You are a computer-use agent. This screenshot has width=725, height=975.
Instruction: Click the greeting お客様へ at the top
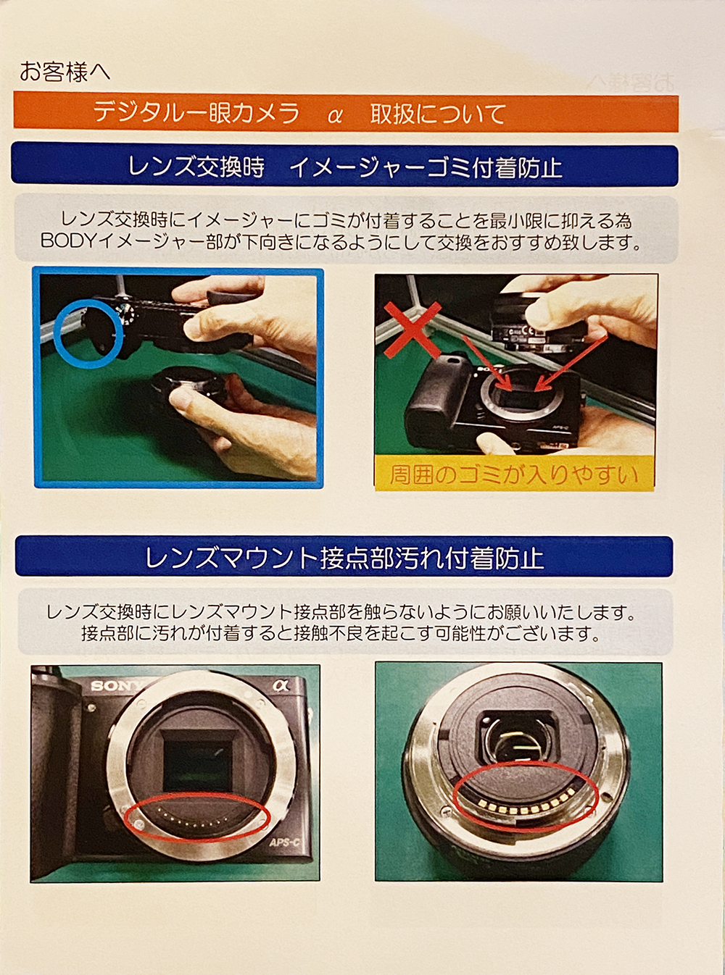coord(65,72)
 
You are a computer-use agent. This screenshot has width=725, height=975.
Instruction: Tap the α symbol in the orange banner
coord(335,116)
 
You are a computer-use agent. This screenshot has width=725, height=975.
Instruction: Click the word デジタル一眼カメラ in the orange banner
coord(196,114)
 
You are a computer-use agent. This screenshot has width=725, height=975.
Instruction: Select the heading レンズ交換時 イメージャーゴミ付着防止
coord(345,167)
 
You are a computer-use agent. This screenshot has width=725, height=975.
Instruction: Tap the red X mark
coord(412,330)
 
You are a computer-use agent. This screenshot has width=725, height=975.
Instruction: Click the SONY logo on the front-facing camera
coord(117,686)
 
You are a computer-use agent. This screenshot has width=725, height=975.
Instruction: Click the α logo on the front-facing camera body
coord(280,685)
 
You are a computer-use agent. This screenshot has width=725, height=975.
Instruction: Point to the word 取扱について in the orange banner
coord(438,114)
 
